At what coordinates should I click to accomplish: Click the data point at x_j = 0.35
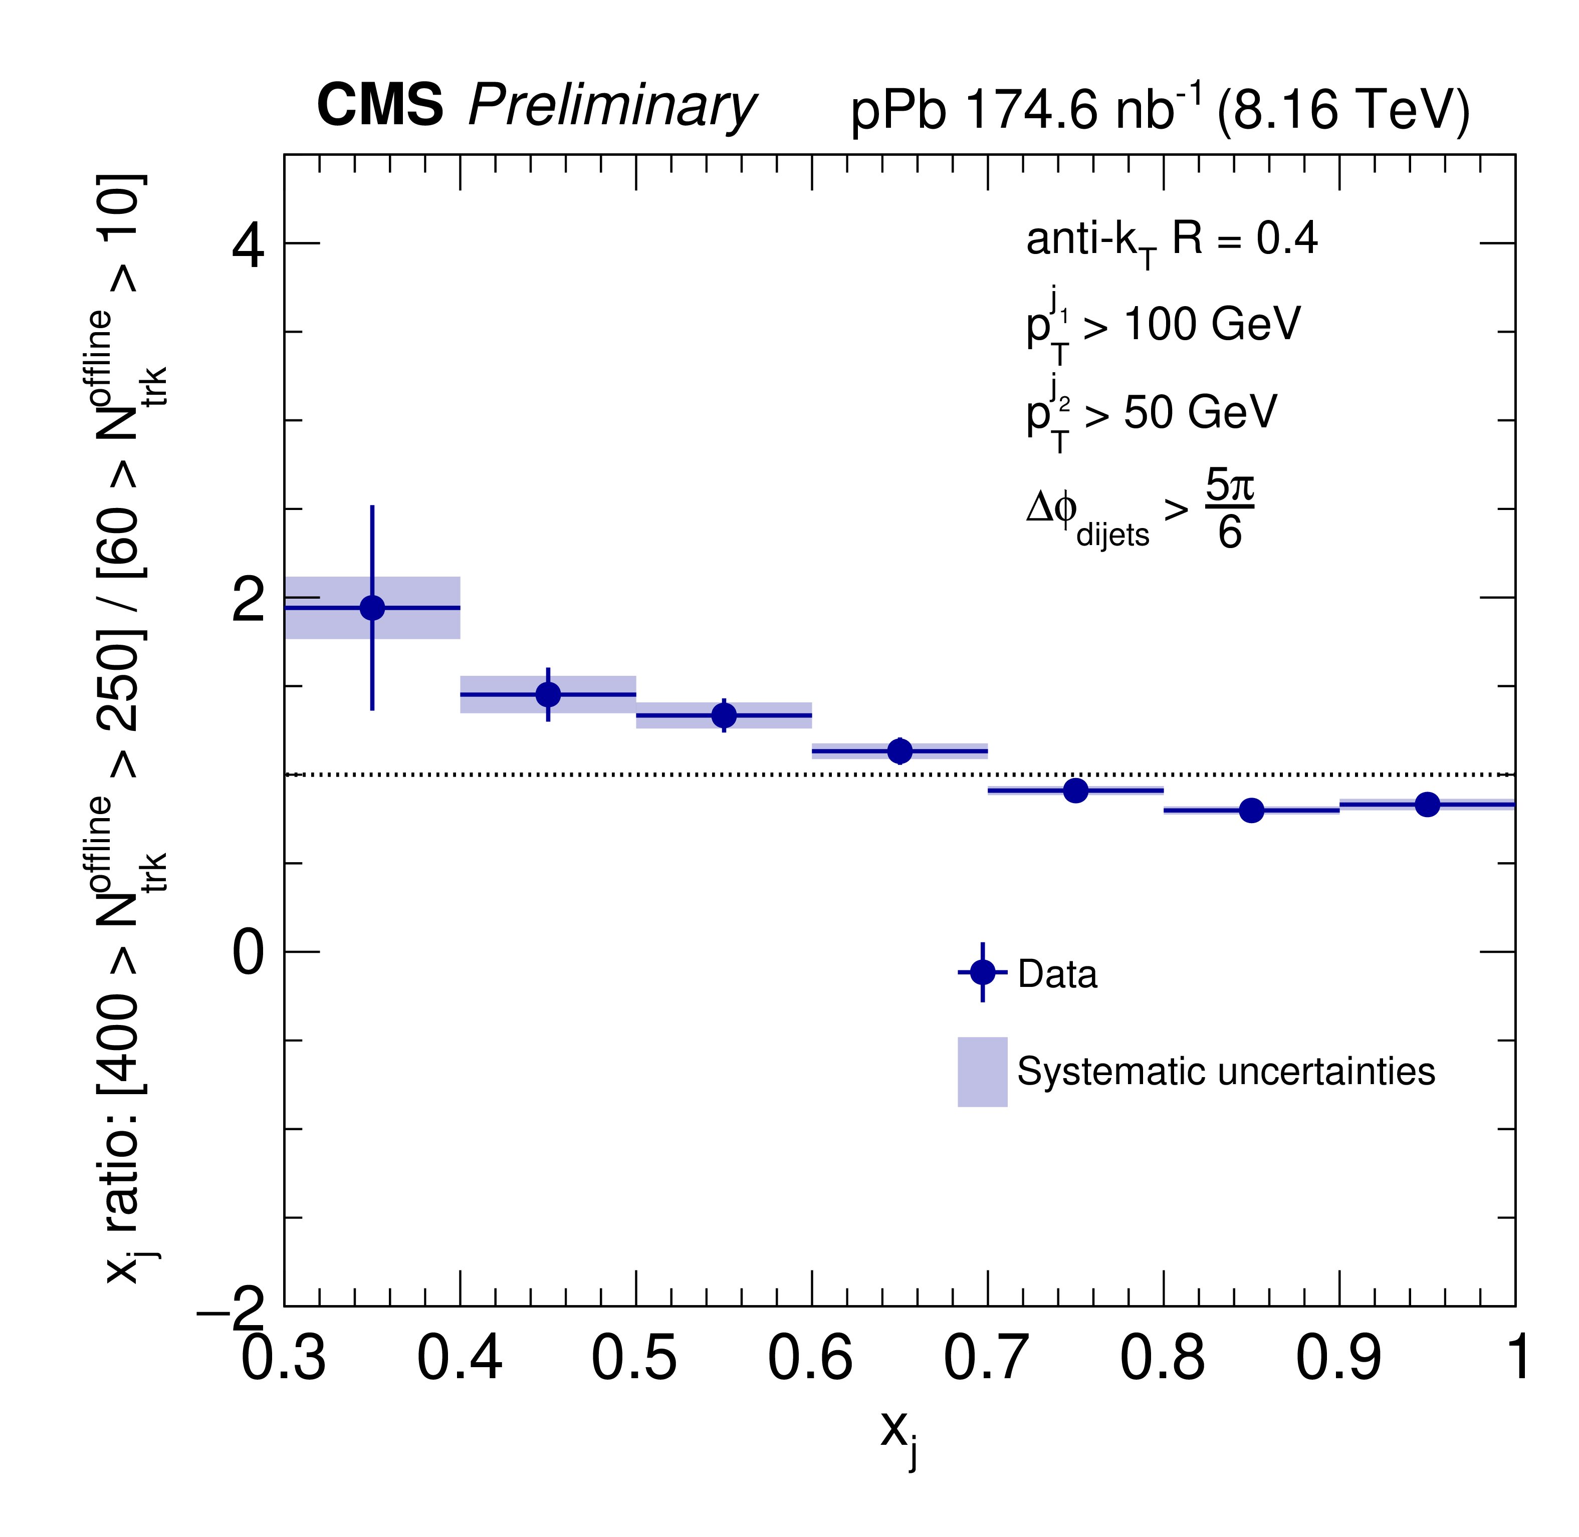click(372, 608)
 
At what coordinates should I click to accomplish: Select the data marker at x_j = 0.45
click(548, 694)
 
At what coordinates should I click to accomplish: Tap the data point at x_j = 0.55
click(724, 715)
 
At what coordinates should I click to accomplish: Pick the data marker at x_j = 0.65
click(899, 751)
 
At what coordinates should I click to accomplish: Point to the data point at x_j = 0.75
click(1075, 791)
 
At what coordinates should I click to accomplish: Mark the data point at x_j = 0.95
click(1427, 804)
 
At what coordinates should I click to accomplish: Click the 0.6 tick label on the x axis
click(810, 1359)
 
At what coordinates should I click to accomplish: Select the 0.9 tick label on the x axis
click(1338, 1359)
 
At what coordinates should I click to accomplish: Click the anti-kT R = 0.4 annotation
click(1171, 240)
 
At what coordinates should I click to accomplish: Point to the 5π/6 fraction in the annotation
click(1229, 509)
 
